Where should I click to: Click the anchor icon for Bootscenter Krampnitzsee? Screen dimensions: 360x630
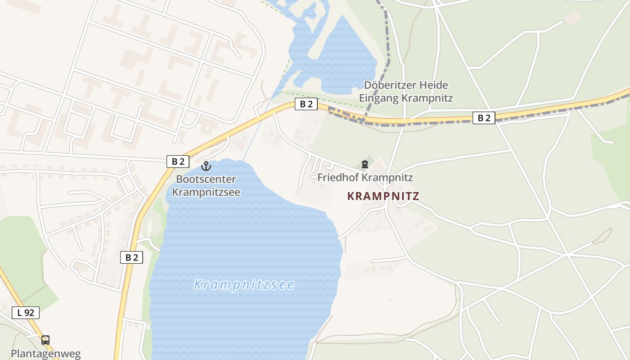pyautogui.click(x=206, y=166)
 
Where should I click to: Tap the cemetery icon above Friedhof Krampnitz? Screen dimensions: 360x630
pyautogui.click(x=365, y=165)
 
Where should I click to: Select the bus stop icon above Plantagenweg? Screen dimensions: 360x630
pyautogui.click(x=45, y=340)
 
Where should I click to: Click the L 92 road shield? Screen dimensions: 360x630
pyautogui.click(x=26, y=313)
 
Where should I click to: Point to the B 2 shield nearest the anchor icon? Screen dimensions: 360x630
pyautogui.click(x=178, y=162)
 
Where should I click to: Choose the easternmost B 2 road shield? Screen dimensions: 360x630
pyautogui.click(x=484, y=118)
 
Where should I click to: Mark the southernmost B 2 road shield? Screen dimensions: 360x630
pyautogui.click(x=131, y=257)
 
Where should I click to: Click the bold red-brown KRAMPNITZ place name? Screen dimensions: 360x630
pyautogui.click(x=383, y=196)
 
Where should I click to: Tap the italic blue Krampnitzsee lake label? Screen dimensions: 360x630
pyautogui.click(x=244, y=284)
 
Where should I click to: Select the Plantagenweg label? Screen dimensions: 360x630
pyautogui.click(x=45, y=353)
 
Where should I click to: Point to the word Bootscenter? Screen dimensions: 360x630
pyautogui.click(x=206, y=179)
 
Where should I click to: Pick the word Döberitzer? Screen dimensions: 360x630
pyautogui.click(x=390, y=85)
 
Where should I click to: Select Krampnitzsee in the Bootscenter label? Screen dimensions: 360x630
pyautogui.click(x=206, y=192)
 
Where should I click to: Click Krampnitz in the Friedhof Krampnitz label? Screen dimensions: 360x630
pyautogui.click(x=387, y=177)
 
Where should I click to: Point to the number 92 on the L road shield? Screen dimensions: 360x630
pyautogui.click(x=29, y=313)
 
